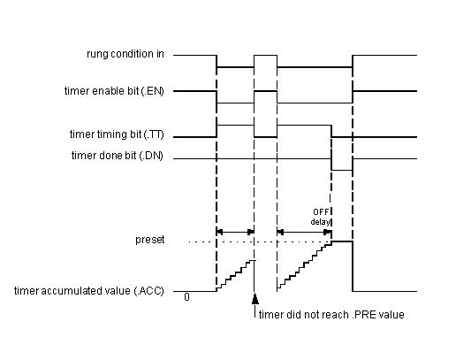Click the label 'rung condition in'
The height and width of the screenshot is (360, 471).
[125, 54]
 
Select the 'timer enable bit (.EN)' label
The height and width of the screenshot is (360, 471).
[114, 91]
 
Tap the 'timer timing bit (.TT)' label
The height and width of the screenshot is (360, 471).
[117, 134]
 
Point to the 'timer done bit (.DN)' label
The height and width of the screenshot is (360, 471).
[118, 156]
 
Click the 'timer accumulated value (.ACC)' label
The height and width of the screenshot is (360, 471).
[89, 291]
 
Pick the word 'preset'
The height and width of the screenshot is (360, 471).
[150, 240]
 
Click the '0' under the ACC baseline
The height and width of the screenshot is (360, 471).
[186, 297]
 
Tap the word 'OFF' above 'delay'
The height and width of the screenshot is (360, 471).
[321, 212]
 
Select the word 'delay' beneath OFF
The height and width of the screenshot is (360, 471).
[320, 222]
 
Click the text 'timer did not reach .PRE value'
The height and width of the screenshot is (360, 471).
[331, 315]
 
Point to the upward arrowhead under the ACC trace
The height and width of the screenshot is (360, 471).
[255, 299]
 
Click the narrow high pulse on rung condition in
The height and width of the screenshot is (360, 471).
[265, 56]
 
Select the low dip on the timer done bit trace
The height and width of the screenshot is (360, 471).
[342, 170]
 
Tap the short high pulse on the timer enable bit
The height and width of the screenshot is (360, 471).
[265, 91]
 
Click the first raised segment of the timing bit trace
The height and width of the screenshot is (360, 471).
[235, 125]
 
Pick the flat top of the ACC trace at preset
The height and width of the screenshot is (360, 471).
[342, 241]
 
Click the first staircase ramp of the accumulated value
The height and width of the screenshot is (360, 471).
[235, 275]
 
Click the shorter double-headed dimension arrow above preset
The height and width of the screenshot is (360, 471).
[235, 232]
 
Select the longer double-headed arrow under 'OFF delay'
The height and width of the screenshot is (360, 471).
[304, 232]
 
